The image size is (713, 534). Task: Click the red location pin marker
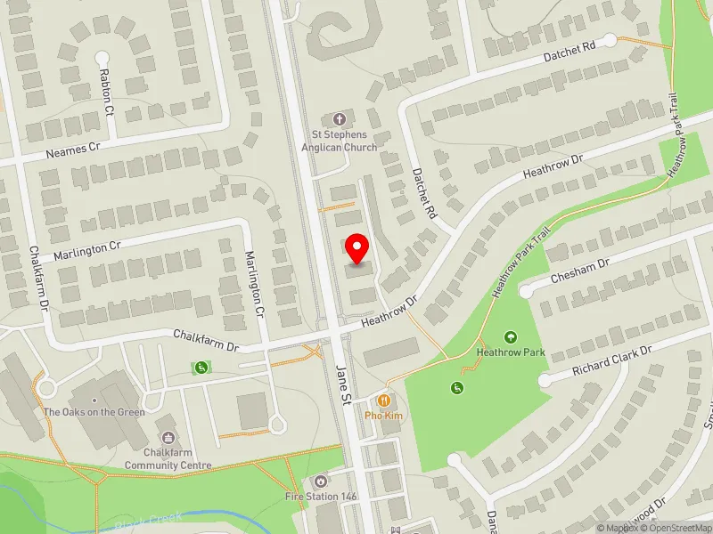coord(357,249)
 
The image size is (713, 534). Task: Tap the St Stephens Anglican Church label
coord(339,141)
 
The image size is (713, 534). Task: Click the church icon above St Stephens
coord(339,118)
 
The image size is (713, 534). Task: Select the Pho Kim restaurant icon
coord(384,400)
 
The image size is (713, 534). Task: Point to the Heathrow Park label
coord(511,352)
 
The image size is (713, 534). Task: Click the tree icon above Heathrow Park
coord(511,337)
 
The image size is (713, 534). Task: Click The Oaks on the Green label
coord(94,412)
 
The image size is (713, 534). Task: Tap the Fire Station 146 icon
coord(320,481)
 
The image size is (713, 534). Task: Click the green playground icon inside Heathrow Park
coord(457,387)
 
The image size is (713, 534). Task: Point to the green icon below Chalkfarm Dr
coord(202,368)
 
